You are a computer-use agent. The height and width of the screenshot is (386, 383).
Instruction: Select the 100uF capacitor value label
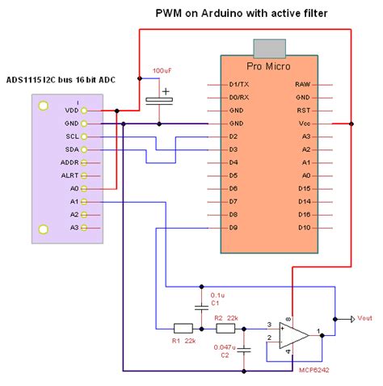162,71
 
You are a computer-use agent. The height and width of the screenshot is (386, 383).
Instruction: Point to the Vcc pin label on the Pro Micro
304,124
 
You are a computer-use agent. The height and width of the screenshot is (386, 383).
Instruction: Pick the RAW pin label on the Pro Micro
303,84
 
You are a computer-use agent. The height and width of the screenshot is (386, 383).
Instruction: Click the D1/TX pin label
238,84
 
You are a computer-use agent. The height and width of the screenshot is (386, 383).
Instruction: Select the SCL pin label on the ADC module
72,136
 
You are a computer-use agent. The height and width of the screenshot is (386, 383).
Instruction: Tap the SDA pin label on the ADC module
72,149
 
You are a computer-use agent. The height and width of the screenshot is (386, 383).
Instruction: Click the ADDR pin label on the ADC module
69,162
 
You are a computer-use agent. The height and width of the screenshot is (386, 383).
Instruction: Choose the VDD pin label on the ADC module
71,111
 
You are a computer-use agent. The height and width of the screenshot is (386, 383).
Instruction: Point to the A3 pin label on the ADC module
74,228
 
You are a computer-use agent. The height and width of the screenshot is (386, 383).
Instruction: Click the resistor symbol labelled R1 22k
183,328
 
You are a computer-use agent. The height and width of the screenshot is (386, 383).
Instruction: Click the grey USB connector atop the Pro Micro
270,47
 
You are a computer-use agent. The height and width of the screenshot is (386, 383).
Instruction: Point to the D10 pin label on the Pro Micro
304,228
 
